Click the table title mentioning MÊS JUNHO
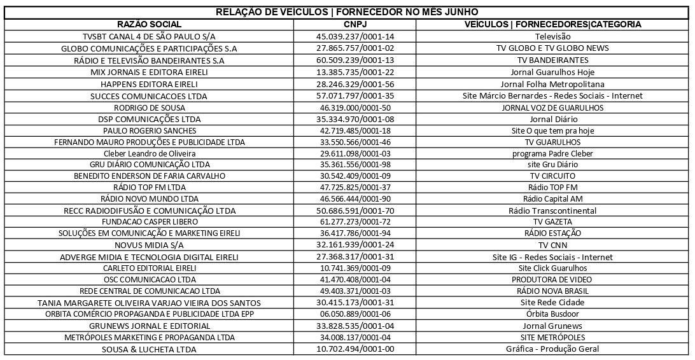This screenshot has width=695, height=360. pyautogui.click(x=347, y=13)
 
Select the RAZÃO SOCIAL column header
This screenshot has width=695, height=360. pyautogui.click(x=150, y=24)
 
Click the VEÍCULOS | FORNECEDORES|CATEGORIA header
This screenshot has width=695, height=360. pyautogui.click(x=552, y=24)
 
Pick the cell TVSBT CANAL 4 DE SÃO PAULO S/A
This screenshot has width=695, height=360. pyautogui.click(x=150, y=36)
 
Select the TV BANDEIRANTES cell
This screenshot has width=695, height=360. pyautogui.click(x=552, y=60)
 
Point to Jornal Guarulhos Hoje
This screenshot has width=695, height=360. pyautogui.click(x=552, y=72)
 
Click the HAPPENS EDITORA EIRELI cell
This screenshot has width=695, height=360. pyautogui.click(x=150, y=84)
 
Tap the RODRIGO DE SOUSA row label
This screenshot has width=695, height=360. pyautogui.click(x=150, y=107)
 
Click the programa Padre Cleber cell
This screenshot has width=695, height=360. pyautogui.click(x=552, y=153)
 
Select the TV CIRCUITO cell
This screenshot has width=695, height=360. pyautogui.click(x=552, y=176)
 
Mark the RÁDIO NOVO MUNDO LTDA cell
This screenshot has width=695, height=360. pyautogui.click(x=150, y=199)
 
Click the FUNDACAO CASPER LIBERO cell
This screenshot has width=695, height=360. pyautogui.click(x=150, y=222)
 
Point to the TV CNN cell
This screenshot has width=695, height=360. pyautogui.click(x=552, y=245)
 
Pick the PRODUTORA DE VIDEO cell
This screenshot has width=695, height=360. pyautogui.click(x=552, y=279)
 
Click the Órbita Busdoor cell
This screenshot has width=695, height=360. pyautogui.click(x=552, y=314)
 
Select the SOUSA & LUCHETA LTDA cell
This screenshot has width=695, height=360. pyautogui.click(x=150, y=349)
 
